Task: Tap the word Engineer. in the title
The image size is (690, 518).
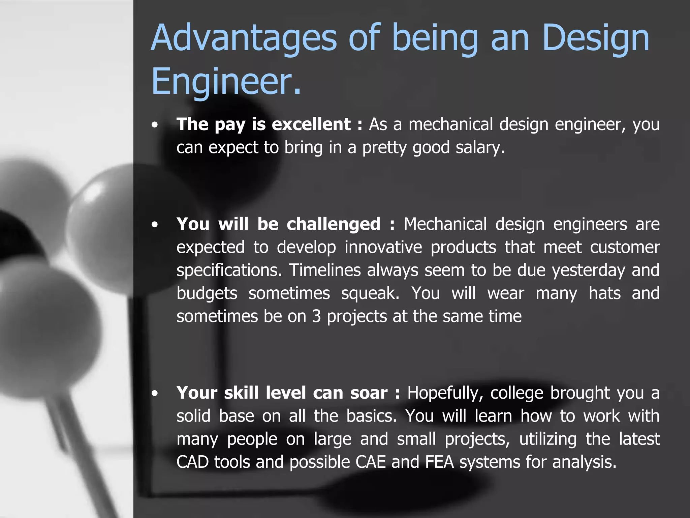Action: pyautogui.click(x=226, y=81)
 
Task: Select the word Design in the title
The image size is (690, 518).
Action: pyautogui.click(x=595, y=38)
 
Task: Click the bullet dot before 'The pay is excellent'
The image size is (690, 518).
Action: pyautogui.click(x=155, y=125)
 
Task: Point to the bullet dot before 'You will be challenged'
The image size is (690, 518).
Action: pyautogui.click(x=155, y=225)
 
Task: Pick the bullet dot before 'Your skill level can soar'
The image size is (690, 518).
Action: pyautogui.click(x=155, y=394)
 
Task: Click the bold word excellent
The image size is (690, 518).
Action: pyautogui.click(x=311, y=124)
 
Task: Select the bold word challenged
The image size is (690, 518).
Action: pyautogui.click(x=334, y=224)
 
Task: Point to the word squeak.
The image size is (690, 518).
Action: pyautogui.click(x=370, y=293)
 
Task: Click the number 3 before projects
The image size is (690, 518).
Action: pyautogui.click(x=316, y=316)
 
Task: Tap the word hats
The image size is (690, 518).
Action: pyautogui.click(x=604, y=293)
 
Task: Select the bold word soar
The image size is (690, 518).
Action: pyautogui.click(x=369, y=393)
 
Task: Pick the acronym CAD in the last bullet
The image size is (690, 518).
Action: pyautogui.click(x=192, y=462)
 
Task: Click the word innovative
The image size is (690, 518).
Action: pyautogui.click(x=383, y=247)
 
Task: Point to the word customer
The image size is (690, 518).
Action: pyautogui.click(x=625, y=247)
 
